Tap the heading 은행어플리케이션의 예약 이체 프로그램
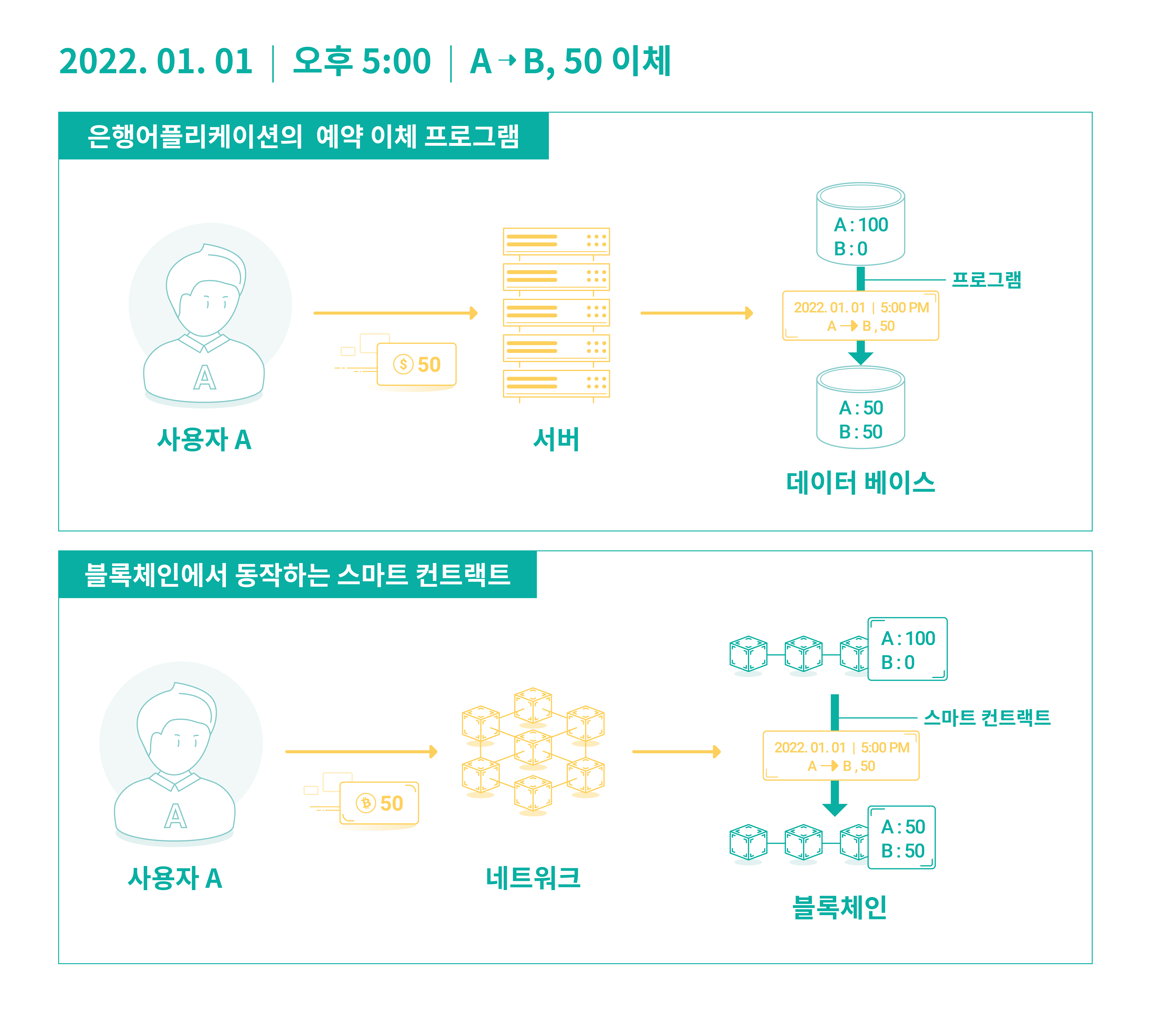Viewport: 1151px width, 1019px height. click(x=303, y=136)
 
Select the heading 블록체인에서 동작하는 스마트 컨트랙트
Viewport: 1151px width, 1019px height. click(x=297, y=575)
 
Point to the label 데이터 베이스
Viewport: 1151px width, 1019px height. click(x=860, y=482)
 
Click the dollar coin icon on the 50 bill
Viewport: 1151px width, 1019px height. click(x=403, y=364)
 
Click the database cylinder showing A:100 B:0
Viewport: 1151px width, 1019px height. click(x=860, y=224)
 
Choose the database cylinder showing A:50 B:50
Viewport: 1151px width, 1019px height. click(x=860, y=407)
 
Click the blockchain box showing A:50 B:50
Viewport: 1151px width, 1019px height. click(x=902, y=837)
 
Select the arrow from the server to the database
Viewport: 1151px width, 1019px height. click(x=697, y=313)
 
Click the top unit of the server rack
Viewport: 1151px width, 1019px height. click(x=556, y=241)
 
